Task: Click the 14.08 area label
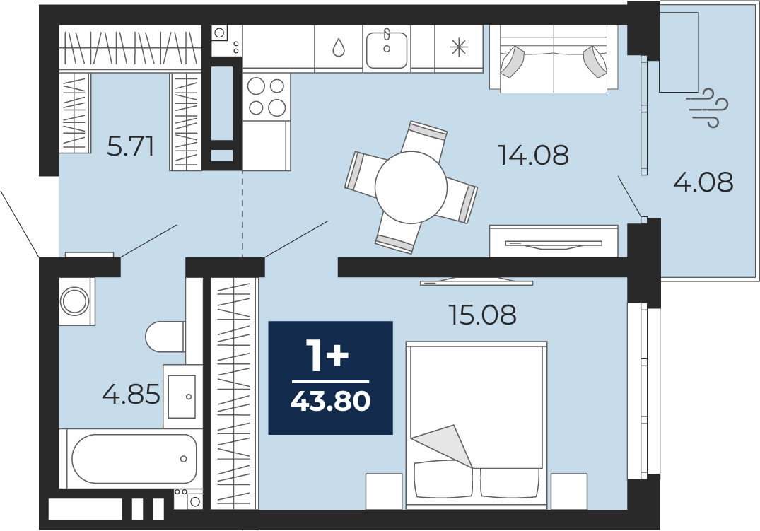533,155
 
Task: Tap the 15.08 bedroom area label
482,315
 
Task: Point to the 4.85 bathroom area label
131,394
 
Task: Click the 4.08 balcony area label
703,183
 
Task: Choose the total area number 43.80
331,402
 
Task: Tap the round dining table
411,187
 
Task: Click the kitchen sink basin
386,49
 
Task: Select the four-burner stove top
266,96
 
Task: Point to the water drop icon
339,48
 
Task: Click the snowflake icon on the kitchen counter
459,47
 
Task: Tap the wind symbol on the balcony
708,107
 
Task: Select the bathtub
134,458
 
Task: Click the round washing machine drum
75,300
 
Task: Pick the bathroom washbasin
182,396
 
